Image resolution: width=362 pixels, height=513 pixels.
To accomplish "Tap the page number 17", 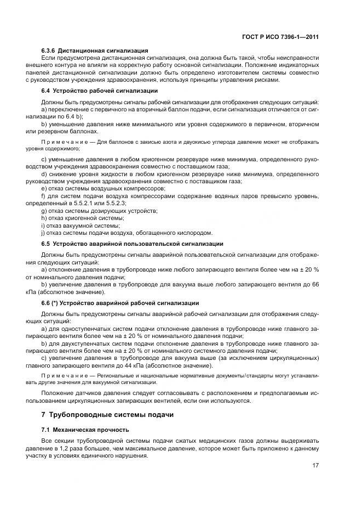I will pos(315,465).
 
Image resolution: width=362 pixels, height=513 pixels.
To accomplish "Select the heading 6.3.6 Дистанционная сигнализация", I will pos(95,50).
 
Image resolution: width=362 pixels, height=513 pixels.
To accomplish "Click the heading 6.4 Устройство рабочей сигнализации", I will pos(100,90).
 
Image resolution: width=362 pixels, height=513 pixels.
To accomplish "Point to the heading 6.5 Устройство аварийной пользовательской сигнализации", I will pos(132,243).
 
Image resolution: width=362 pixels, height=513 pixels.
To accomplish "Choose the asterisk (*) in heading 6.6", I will pos(54,303).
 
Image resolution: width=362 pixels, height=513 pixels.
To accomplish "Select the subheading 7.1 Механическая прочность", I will pos(85,429).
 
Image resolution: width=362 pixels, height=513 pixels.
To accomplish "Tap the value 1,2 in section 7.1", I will pos(74,448).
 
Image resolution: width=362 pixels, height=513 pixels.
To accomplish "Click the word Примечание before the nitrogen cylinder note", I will pos(61,142).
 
